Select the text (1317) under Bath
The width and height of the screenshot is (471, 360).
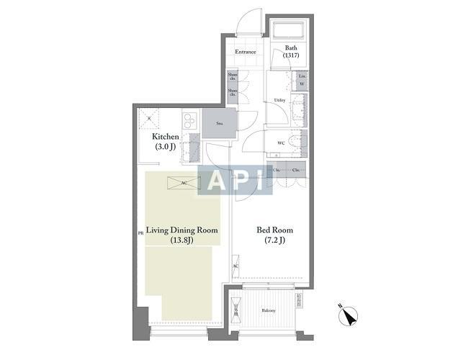coord(291,56)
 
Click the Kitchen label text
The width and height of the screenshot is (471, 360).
coord(165,137)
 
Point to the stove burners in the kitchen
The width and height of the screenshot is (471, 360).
coord(189,120)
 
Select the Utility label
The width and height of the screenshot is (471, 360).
coord(279,100)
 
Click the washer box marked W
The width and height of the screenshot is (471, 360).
coord(302,84)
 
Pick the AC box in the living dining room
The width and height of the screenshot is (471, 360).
coord(184,183)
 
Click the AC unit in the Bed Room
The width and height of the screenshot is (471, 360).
coord(235,267)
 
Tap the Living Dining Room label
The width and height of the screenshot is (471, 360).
coord(181,230)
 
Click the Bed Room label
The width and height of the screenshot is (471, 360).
coord(275,230)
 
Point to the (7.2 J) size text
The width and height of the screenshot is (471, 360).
coord(275,241)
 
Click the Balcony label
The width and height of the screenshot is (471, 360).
coord(267,310)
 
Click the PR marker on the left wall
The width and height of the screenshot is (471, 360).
coord(140,233)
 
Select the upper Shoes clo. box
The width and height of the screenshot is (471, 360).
coord(232,77)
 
